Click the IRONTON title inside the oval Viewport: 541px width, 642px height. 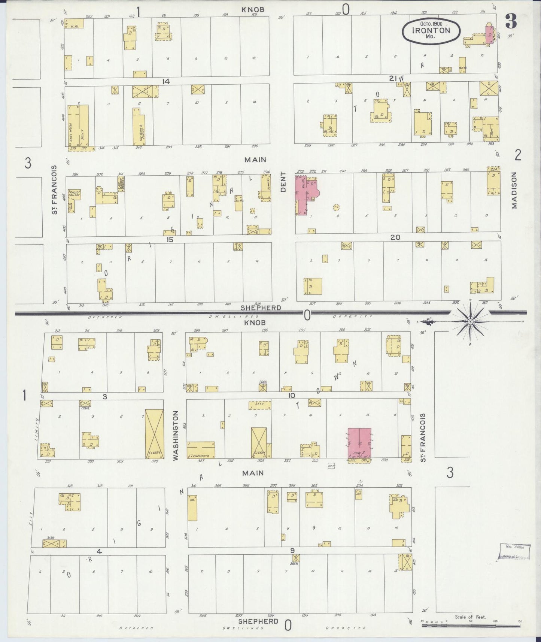click(x=431, y=30)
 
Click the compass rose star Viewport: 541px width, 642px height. click(x=470, y=321)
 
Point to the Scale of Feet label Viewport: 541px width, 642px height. click(x=470, y=617)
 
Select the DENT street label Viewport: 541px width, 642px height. click(x=283, y=182)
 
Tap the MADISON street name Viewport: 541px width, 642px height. click(x=514, y=190)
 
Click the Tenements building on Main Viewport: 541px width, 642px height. click(x=201, y=449)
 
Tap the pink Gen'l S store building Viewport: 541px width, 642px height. click(x=359, y=443)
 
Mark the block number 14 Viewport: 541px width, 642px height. click(x=166, y=81)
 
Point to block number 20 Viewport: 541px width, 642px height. click(x=395, y=237)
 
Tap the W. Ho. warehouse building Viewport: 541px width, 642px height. click(x=74, y=24)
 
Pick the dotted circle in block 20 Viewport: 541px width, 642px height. click(x=336, y=207)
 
